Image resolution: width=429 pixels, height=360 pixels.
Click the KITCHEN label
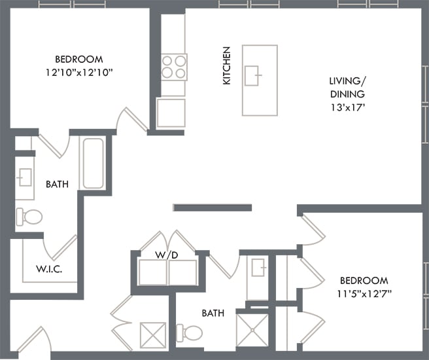pyautogui.click(x=227, y=65)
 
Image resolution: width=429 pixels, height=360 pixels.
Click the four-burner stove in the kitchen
pyautogui.click(x=174, y=67)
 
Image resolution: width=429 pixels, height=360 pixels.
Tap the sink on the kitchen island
pyautogui.click(x=253, y=76)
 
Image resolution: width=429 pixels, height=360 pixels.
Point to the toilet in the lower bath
pyautogui.click(x=192, y=333)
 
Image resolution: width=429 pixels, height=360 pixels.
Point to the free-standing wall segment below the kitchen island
pyautogui.click(x=212, y=208)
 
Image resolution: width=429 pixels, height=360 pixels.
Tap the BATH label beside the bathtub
pyautogui.click(x=57, y=185)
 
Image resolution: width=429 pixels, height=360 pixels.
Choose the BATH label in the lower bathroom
pyautogui.click(x=213, y=314)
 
